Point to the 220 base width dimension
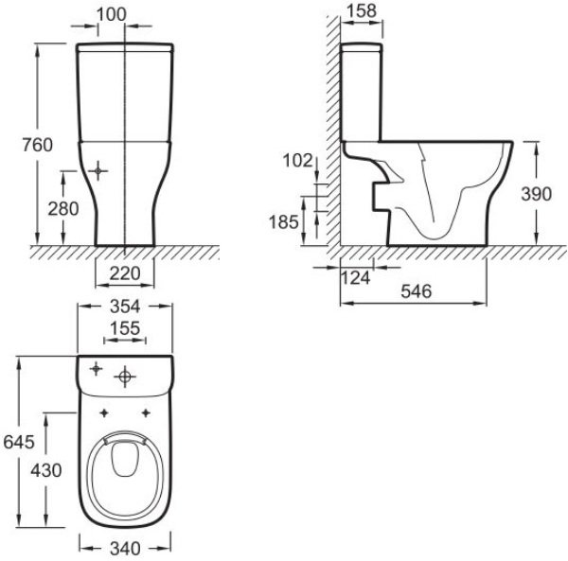click(125, 273)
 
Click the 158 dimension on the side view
click(362, 11)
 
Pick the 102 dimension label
click(296, 161)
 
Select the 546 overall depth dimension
click(416, 291)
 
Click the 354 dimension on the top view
click(125, 307)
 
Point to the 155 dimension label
click(125, 327)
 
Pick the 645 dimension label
click(18, 442)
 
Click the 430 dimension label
click(45, 470)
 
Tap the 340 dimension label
click(125, 547)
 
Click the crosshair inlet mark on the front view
click(100, 171)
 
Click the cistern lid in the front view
click(125, 44)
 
